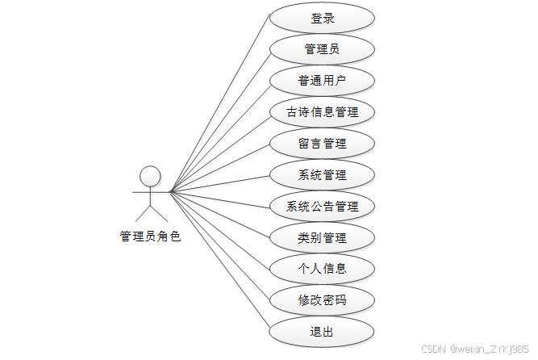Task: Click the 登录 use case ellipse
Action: click(x=322, y=19)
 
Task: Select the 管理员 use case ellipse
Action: click(x=322, y=49)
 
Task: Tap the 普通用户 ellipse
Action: click(x=322, y=81)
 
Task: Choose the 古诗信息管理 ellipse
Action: click(x=322, y=112)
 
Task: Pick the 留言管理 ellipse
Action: click(x=322, y=144)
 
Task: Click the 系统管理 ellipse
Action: click(x=322, y=175)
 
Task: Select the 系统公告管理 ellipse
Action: click(x=322, y=207)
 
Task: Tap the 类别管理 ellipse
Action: click(x=322, y=238)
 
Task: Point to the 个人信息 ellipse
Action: click(x=322, y=269)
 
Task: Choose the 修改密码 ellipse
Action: click(x=322, y=300)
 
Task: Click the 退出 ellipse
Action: click(x=322, y=332)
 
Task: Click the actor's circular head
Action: click(x=150, y=176)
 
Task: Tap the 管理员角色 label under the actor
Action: click(x=150, y=237)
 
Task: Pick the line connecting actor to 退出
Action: click(x=219, y=261)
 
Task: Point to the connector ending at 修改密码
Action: click(x=219, y=245)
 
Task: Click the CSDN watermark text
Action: click(x=475, y=349)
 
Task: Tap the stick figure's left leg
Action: click(x=142, y=212)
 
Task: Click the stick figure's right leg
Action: click(x=159, y=212)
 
